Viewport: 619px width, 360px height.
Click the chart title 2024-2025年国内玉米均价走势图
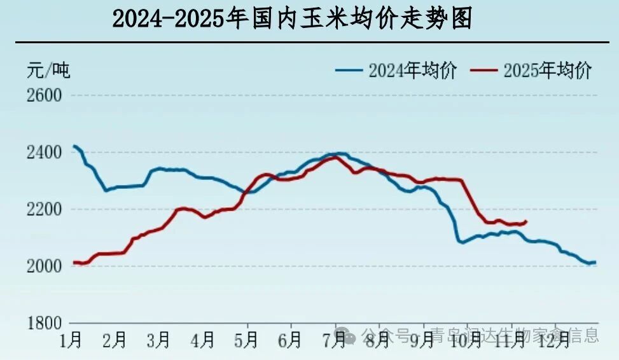(x=292, y=20)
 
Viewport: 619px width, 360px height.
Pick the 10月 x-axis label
(x=465, y=341)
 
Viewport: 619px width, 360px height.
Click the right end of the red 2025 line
(x=526, y=221)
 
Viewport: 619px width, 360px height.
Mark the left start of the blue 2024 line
(x=74, y=146)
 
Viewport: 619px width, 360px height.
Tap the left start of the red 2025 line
(x=74, y=262)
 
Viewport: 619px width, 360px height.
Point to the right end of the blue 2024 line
(x=595, y=262)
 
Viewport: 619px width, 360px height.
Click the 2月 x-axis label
(x=114, y=341)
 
